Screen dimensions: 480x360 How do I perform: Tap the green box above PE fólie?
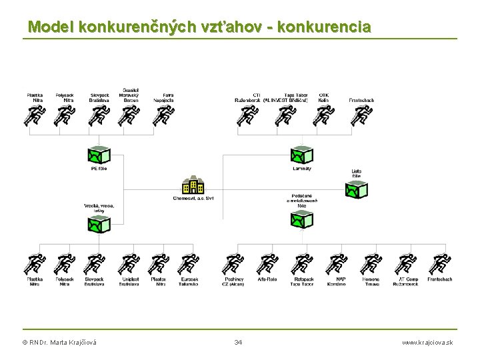[x=99, y=155]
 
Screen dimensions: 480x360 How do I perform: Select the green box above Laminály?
[x=301, y=155]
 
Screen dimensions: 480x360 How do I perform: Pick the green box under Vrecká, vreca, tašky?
[x=99, y=225]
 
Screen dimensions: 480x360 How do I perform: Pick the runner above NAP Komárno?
[x=337, y=265]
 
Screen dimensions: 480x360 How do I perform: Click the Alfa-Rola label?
[x=267, y=279]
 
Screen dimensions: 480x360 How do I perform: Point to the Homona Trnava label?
[x=371, y=281]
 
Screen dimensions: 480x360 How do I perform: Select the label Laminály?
[x=302, y=169]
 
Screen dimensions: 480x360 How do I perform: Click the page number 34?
[x=239, y=343]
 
